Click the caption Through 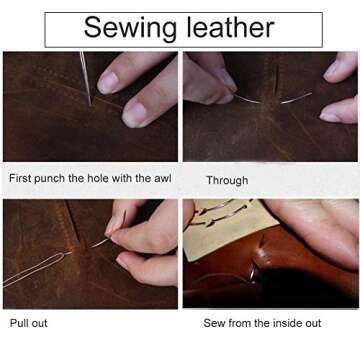227,180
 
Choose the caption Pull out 28,323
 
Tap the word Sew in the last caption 216,323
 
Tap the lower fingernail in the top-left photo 133,113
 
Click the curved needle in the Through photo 270,99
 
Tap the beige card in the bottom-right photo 215,225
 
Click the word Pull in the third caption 19,323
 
